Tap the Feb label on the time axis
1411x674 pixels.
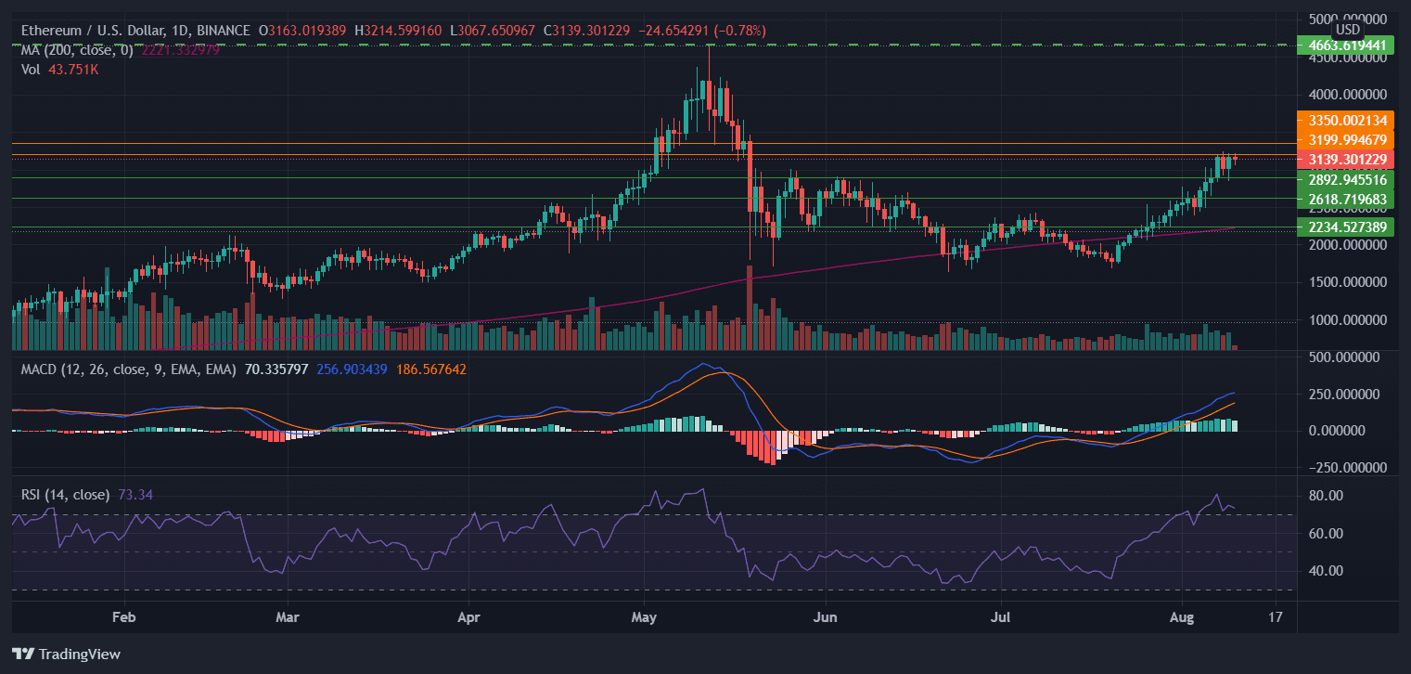(123, 616)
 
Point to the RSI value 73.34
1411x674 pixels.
(135, 495)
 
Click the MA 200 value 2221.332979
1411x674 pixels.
(176, 49)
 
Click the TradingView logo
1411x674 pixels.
(66, 654)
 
